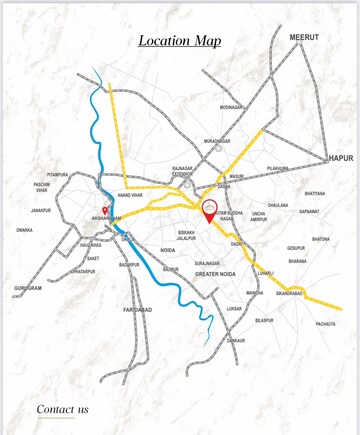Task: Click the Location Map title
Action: point(180,41)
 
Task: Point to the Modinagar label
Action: point(231,107)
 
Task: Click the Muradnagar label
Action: point(217,141)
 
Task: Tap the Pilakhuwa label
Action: point(277,168)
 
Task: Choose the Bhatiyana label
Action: point(314,193)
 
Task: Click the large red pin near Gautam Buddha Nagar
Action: point(209,211)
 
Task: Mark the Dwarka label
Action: point(24,230)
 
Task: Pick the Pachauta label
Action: point(326,324)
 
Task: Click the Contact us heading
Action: point(62,408)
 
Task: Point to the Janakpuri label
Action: point(40,211)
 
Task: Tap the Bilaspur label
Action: point(264,320)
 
